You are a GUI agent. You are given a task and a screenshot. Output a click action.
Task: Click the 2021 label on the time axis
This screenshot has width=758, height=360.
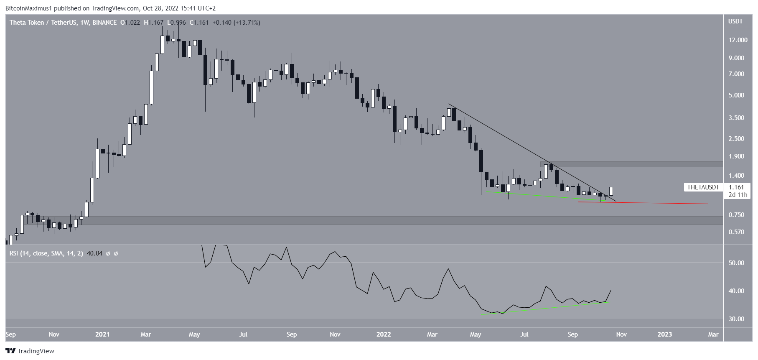click(x=102, y=334)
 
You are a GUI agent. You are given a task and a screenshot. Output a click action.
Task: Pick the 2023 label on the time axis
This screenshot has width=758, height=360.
click(x=665, y=334)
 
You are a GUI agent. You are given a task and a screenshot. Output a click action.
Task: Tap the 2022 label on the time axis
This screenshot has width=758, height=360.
click(x=384, y=334)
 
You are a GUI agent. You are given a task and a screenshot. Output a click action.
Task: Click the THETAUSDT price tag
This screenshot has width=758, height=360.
click(x=703, y=187)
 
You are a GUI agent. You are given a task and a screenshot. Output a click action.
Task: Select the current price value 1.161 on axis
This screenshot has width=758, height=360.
click(x=736, y=187)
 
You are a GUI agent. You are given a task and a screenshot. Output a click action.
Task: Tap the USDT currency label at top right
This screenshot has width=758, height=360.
click(x=735, y=21)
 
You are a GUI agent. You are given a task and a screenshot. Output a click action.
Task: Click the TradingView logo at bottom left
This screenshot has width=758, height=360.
click(x=30, y=351)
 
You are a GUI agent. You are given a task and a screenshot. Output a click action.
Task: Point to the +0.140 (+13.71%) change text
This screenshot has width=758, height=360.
click(x=236, y=23)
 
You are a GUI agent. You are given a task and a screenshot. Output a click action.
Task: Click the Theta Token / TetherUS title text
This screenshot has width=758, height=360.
click(x=43, y=23)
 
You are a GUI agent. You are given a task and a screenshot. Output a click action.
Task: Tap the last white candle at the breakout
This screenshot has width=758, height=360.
click(x=611, y=191)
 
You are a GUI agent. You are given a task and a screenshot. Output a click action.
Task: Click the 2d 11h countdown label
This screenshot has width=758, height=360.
click(x=736, y=195)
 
